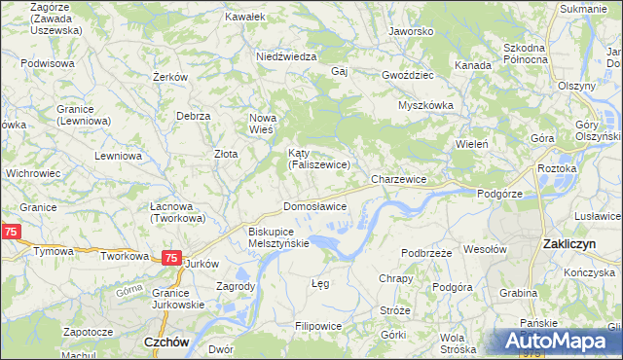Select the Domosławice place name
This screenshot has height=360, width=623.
click(314, 207)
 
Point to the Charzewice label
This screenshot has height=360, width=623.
click(399, 180)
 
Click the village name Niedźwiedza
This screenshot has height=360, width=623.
click(286, 56)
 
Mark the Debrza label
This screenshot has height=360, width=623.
click(194, 116)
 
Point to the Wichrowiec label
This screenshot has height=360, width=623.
click(33, 172)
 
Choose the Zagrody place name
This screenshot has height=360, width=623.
click(237, 287)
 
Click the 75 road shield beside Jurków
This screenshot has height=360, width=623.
click(170, 258)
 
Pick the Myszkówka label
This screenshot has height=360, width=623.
click(425, 105)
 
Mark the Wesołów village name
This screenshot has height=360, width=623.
click(486, 249)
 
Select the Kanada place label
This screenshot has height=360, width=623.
click(472, 64)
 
